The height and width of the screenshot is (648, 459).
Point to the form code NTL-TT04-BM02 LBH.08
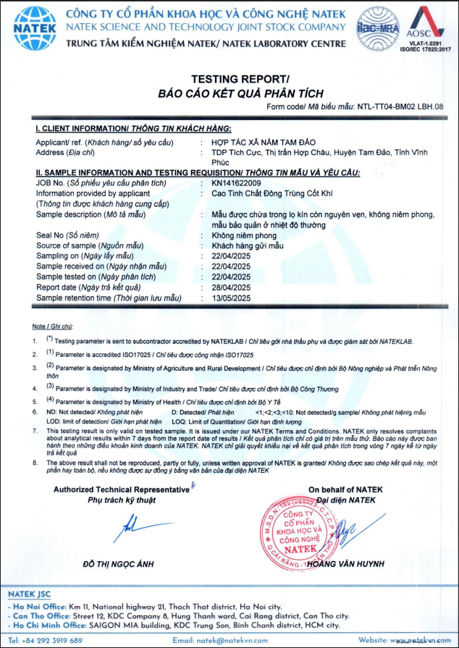[x=400, y=106]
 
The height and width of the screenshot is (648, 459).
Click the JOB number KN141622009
[x=231, y=184]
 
